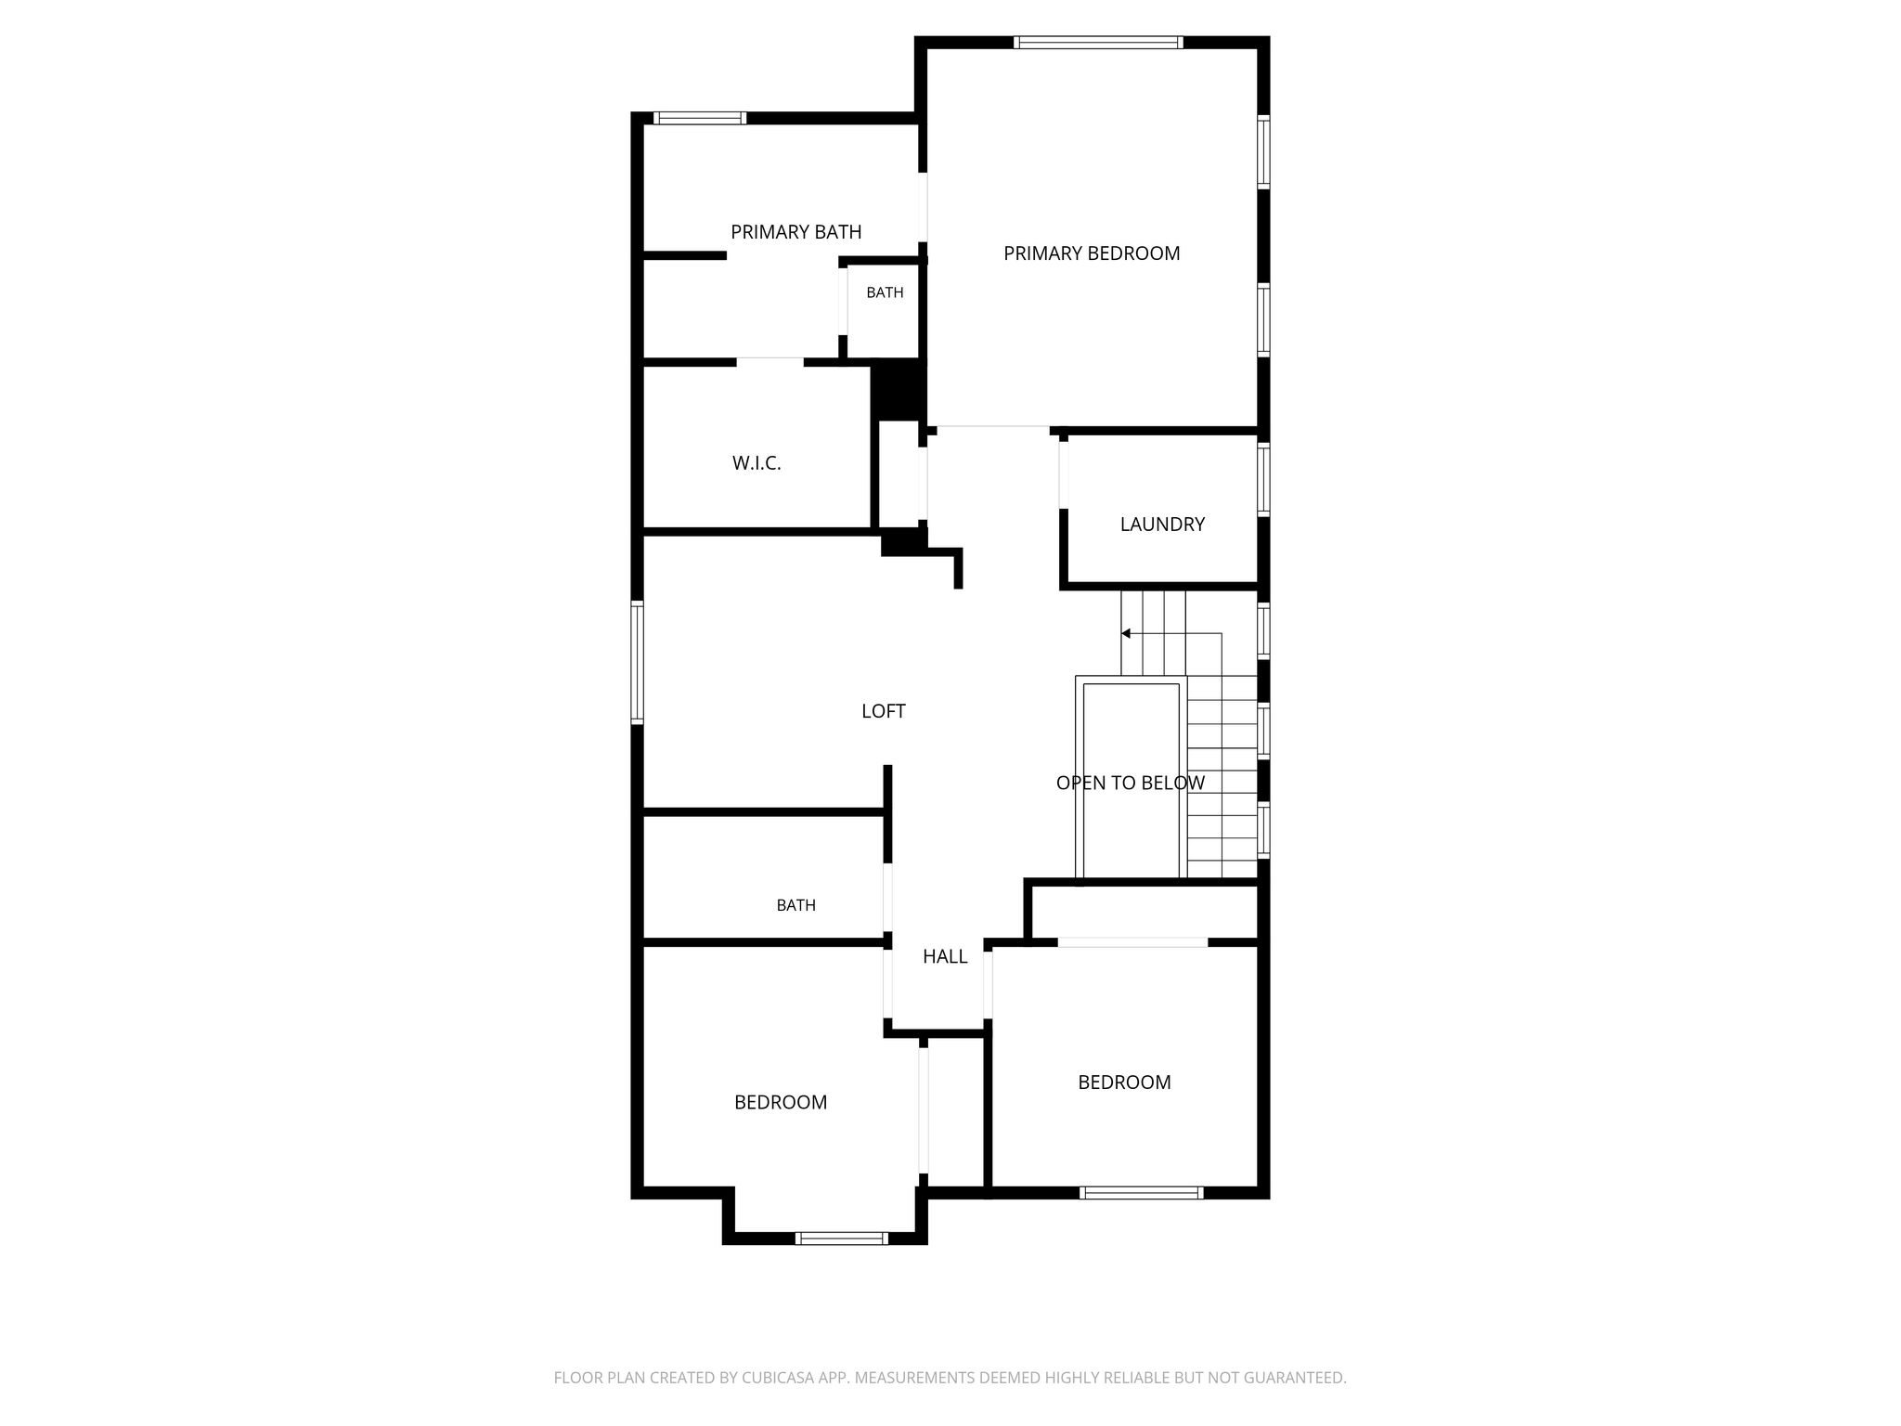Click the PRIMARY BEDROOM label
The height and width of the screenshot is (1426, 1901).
pos(1092,253)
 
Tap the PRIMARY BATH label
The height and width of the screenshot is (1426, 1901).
pos(796,232)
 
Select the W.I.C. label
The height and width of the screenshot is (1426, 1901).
pos(757,463)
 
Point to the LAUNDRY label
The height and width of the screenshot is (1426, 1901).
pos(1162,525)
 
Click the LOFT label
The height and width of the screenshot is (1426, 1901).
pos(884,711)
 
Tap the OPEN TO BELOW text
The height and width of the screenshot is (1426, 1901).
pos(1131,783)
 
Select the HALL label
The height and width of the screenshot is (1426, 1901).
pos(945,956)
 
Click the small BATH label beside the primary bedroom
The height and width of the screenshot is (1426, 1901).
pos(885,292)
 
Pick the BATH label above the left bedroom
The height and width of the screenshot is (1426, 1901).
pos(796,905)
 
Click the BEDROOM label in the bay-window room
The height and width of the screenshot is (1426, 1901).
pos(781,1102)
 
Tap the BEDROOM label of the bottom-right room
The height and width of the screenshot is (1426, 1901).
pos(1124,1082)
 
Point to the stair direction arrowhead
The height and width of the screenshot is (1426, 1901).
pos(1125,634)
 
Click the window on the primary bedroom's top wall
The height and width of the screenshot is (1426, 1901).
pos(1098,42)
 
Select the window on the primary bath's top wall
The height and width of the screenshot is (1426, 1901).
pos(699,118)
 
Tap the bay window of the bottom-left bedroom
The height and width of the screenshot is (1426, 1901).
pos(842,1238)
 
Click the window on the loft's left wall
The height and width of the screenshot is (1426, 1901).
pos(638,662)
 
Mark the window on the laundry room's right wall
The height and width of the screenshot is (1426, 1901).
pos(1263,480)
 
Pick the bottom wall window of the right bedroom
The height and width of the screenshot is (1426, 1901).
pos(1142,1193)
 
